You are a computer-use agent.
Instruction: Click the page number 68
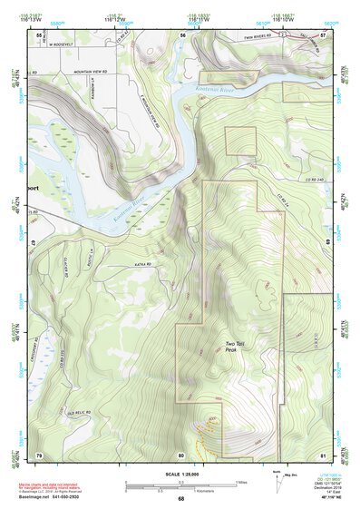180,498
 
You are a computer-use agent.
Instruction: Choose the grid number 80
181,454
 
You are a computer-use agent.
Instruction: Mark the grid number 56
182,34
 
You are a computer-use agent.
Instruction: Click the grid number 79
38,454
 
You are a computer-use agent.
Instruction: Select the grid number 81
324,454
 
